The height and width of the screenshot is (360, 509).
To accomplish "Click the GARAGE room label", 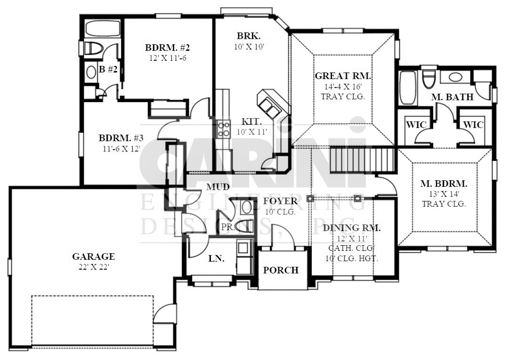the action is tap(94, 256).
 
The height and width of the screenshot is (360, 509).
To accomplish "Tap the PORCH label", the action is tap(281, 270).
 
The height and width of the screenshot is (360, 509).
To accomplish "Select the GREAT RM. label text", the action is tap(343, 76).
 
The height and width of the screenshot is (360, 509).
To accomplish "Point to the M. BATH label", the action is tap(452, 96).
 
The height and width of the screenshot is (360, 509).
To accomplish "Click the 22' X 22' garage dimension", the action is tap(94, 267).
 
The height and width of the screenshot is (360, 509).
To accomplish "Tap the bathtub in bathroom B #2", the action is tap(103, 28).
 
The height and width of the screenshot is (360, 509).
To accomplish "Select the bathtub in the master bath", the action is tap(408, 88).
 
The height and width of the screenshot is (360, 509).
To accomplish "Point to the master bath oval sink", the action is tap(456, 77).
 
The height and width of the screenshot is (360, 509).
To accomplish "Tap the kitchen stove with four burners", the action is tap(223, 129).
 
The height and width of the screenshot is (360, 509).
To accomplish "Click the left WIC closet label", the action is tap(415, 125).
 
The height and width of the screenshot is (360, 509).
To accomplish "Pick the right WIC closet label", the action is tap(473, 125).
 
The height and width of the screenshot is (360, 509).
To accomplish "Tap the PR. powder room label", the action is tap(228, 227).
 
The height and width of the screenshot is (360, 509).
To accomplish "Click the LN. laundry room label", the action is tap(217, 258).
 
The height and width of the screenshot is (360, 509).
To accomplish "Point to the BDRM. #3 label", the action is tap(121, 138).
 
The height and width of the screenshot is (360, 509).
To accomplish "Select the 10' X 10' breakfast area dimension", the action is tap(249, 47).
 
